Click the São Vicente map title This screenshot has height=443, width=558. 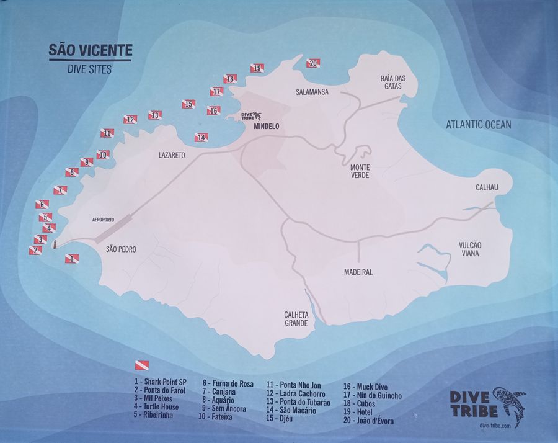(90, 50)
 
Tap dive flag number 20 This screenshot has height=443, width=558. (313, 63)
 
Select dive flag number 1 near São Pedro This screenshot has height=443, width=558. (72, 258)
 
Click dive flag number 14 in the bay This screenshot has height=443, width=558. (201, 138)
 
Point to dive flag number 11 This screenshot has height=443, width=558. (107, 133)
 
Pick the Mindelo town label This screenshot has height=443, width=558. (267, 126)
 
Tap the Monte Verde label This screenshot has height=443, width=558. (360, 172)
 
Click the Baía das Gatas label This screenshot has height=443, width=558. (392, 82)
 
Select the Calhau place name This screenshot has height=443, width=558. (487, 187)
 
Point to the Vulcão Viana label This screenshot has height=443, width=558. (470, 249)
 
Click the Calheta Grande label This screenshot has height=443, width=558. (296, 319)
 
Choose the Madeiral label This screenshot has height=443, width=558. (358, 272)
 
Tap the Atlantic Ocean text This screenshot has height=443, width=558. (478, 125)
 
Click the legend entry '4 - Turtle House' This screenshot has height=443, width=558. (156, 407)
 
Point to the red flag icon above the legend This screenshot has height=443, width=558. (142, 366)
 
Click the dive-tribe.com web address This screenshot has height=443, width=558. (490, 425)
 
